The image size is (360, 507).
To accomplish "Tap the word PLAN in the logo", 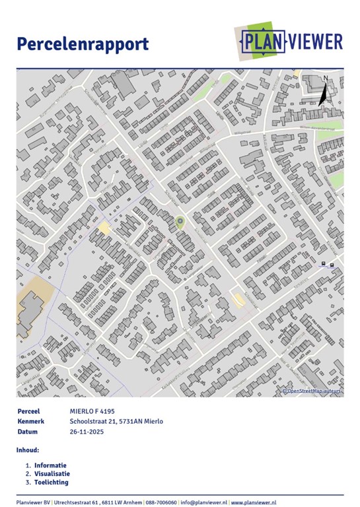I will (263, 42).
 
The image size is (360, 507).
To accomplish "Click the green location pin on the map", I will (180, 222).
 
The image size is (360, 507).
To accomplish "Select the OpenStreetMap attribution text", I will (313, 391).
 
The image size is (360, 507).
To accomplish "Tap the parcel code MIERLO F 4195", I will (92, 411).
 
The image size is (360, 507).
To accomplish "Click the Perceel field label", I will (29, 411).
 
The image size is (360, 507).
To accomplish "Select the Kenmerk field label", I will (31, 421).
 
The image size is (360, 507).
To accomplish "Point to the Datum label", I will (28, 432).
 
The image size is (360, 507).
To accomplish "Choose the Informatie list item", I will (50, 465).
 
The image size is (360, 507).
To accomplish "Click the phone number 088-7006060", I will (157, 502).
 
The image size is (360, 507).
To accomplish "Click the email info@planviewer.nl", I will (203, 502).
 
